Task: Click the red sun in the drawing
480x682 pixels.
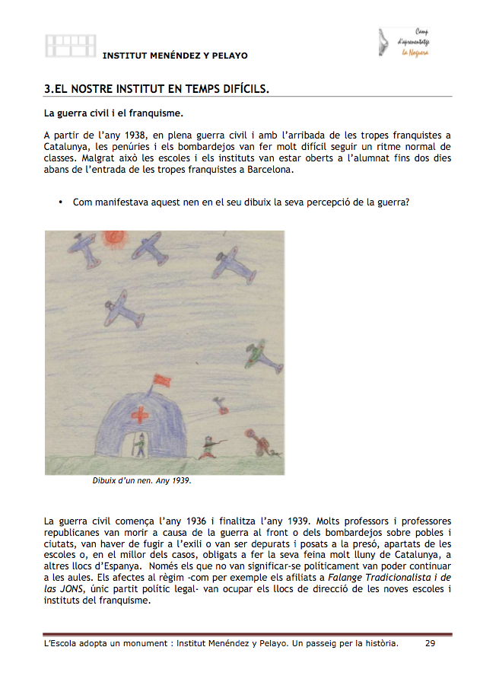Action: [x=115, y=238]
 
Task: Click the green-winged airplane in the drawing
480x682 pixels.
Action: [x=255, y=352]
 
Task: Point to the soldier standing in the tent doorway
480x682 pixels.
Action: [x=139, y=445]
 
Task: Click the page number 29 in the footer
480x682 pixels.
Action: [x=430, y=643]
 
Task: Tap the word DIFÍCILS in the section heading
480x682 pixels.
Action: [x=240, y=89]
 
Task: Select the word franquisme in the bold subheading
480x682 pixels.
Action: [x=157, y=114]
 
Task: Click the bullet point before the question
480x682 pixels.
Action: [x=59, y=202]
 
